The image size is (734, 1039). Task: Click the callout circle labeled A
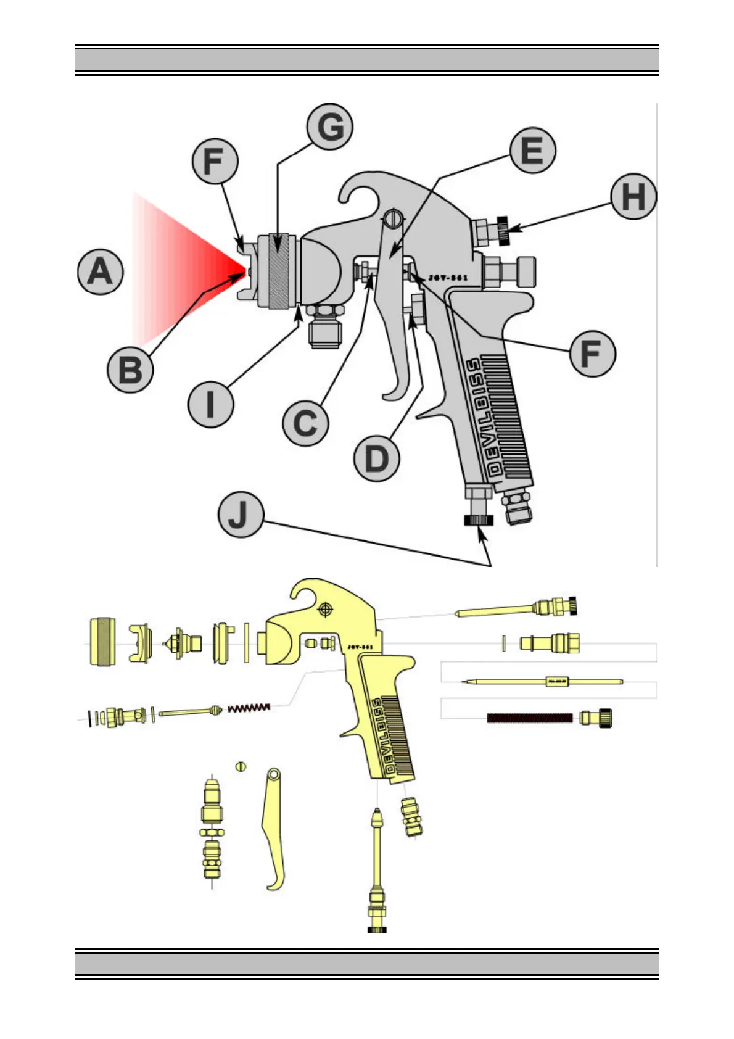[101, 272]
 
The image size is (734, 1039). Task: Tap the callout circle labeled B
[130, 370]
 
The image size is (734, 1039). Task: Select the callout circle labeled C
[305, 423]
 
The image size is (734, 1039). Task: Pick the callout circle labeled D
[376, 458]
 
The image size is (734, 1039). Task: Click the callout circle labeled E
[533, 151]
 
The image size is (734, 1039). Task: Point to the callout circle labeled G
[330, 127]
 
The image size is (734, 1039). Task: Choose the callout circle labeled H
[633, 197]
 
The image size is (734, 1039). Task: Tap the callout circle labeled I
[210, 404]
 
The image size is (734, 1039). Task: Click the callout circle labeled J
[241, 515]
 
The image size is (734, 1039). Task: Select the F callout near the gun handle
[592, 354]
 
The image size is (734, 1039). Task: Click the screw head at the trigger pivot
[392, 218]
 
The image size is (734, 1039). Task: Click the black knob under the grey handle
[479, 521]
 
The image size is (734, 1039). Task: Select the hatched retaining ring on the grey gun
[279, 271]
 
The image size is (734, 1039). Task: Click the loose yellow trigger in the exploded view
[274, 827]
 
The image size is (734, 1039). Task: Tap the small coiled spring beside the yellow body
[249, 707]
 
